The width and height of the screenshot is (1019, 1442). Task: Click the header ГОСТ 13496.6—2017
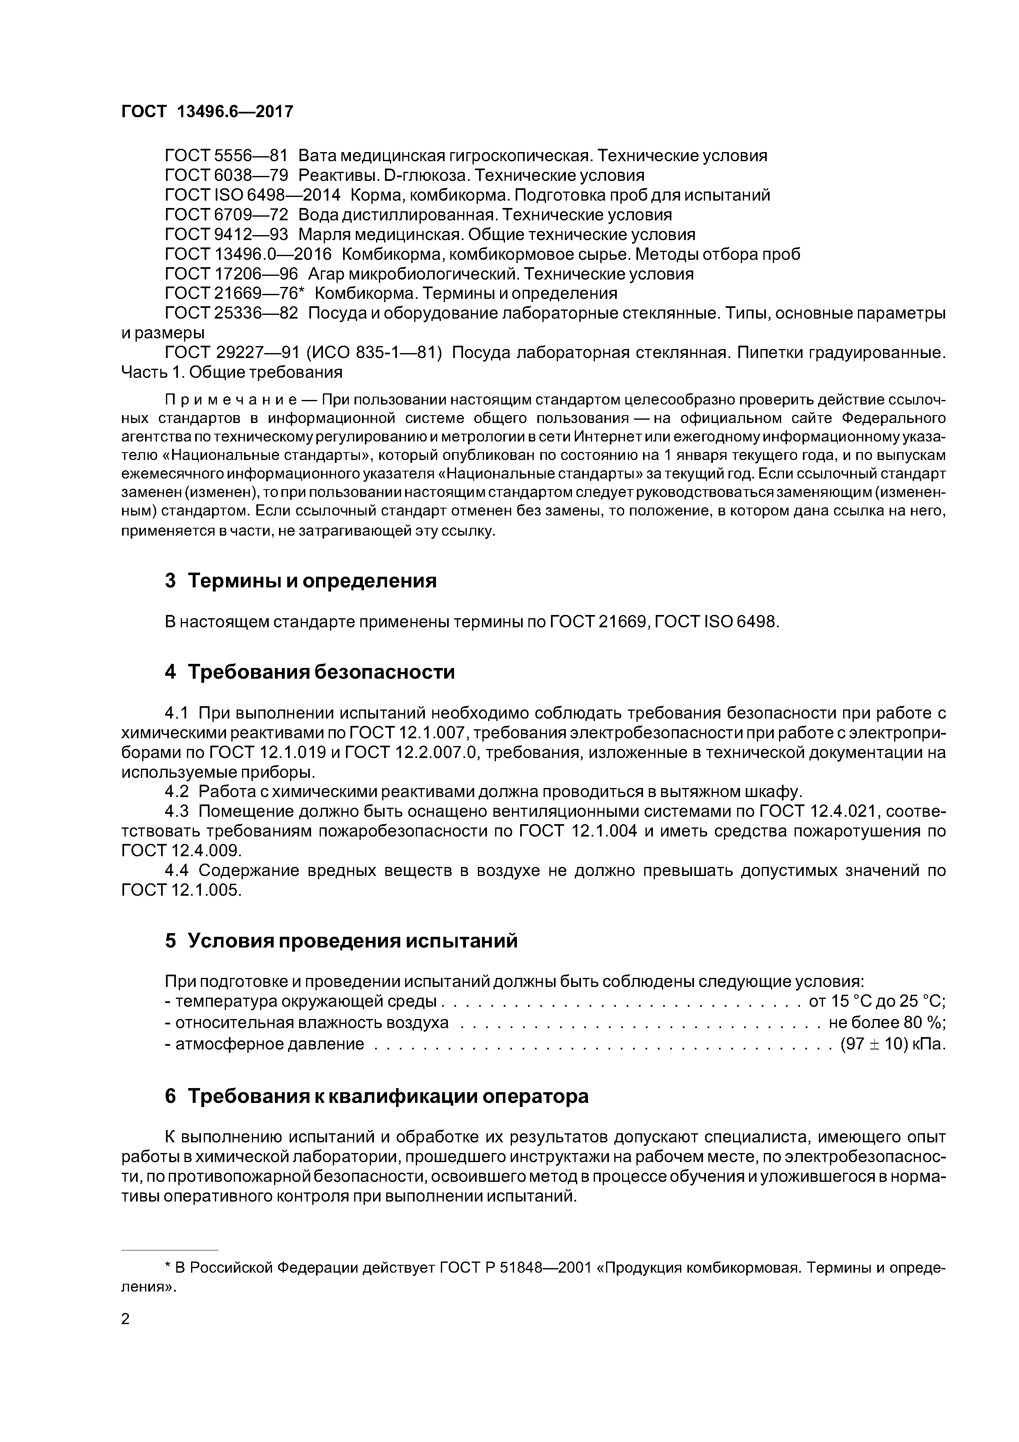pos(207,112)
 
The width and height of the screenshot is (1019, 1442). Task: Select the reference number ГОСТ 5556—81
pos(226,156)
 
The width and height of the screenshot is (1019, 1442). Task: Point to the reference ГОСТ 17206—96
pos(231,274)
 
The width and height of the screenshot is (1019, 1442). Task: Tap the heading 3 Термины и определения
pos(300,580)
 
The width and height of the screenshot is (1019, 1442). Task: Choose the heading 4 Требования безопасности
pos(309,672)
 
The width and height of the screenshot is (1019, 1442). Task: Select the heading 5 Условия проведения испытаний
pos(341,941)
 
